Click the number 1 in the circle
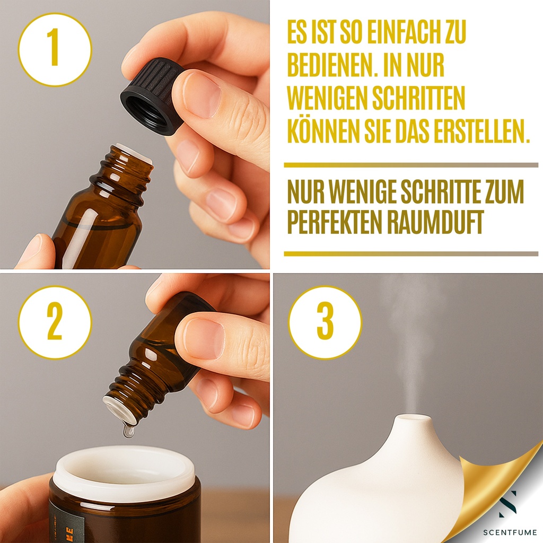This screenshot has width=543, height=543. coord(54,49)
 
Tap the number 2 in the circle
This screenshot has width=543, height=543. coord(55,322)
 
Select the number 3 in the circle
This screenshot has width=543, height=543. coord(325,322)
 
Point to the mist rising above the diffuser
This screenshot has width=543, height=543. coord(409,339)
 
